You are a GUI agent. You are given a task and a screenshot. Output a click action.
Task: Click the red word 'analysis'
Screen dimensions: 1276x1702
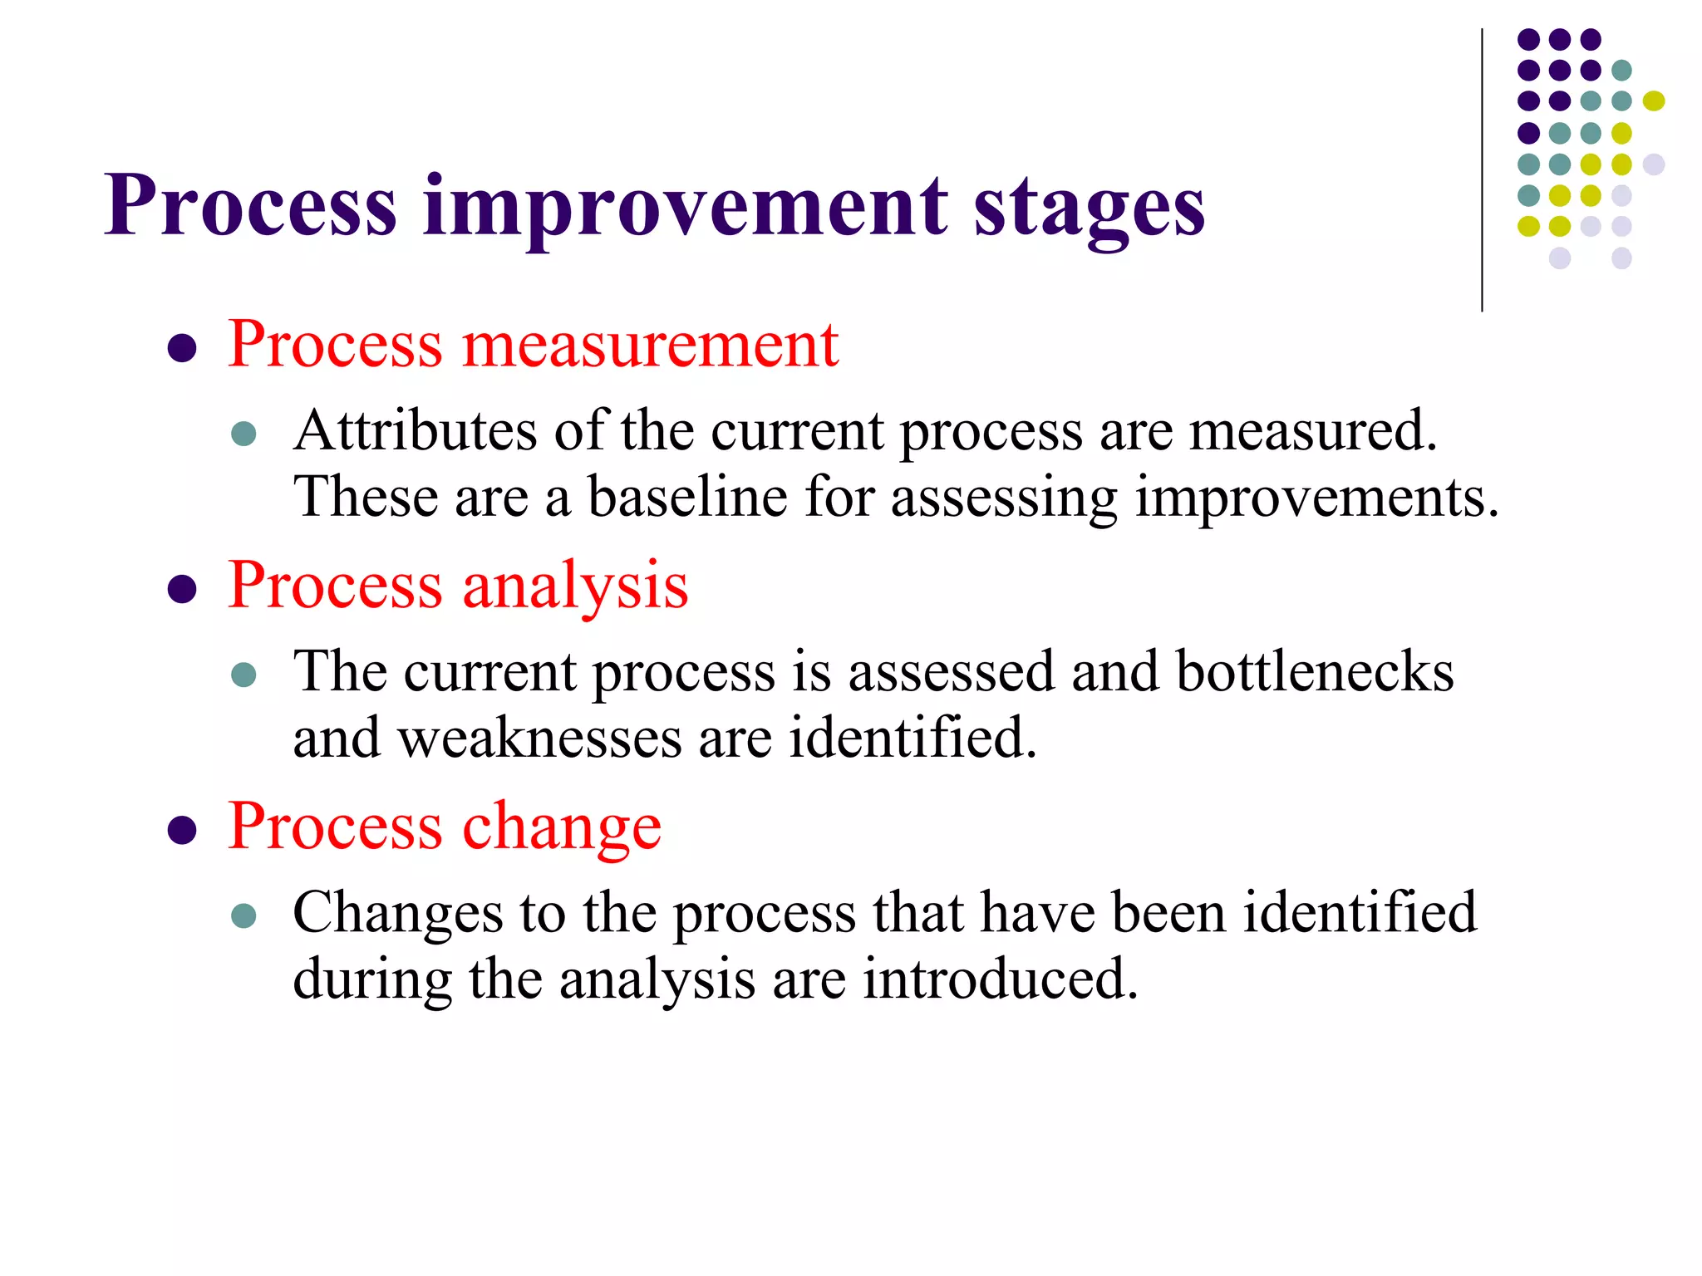tap(575, 586)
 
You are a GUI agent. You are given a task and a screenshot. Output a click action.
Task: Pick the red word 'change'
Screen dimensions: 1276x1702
tap(562, 827)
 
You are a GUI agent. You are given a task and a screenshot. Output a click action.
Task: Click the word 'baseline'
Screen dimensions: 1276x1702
tap(687, 498)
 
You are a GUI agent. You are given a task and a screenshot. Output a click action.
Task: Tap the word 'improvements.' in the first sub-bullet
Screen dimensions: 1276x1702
tap(1317, 499)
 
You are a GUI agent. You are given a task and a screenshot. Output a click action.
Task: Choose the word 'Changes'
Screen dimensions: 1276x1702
tap(398, 913)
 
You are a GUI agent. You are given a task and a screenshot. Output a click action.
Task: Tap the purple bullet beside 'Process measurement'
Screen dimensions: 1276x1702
tap(182, 348)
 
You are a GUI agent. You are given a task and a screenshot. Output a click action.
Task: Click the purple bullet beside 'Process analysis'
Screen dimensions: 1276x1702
tap(182, 590)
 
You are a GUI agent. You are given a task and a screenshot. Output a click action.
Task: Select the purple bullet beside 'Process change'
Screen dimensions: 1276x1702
tap(182, 830)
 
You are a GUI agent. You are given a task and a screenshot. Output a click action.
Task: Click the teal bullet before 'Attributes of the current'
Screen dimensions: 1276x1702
tap(243, 434)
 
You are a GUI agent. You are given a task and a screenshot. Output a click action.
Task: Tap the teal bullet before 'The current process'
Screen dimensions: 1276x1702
tap(243, 674)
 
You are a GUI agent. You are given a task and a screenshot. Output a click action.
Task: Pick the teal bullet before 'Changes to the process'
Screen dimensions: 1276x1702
tap(243, 915)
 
